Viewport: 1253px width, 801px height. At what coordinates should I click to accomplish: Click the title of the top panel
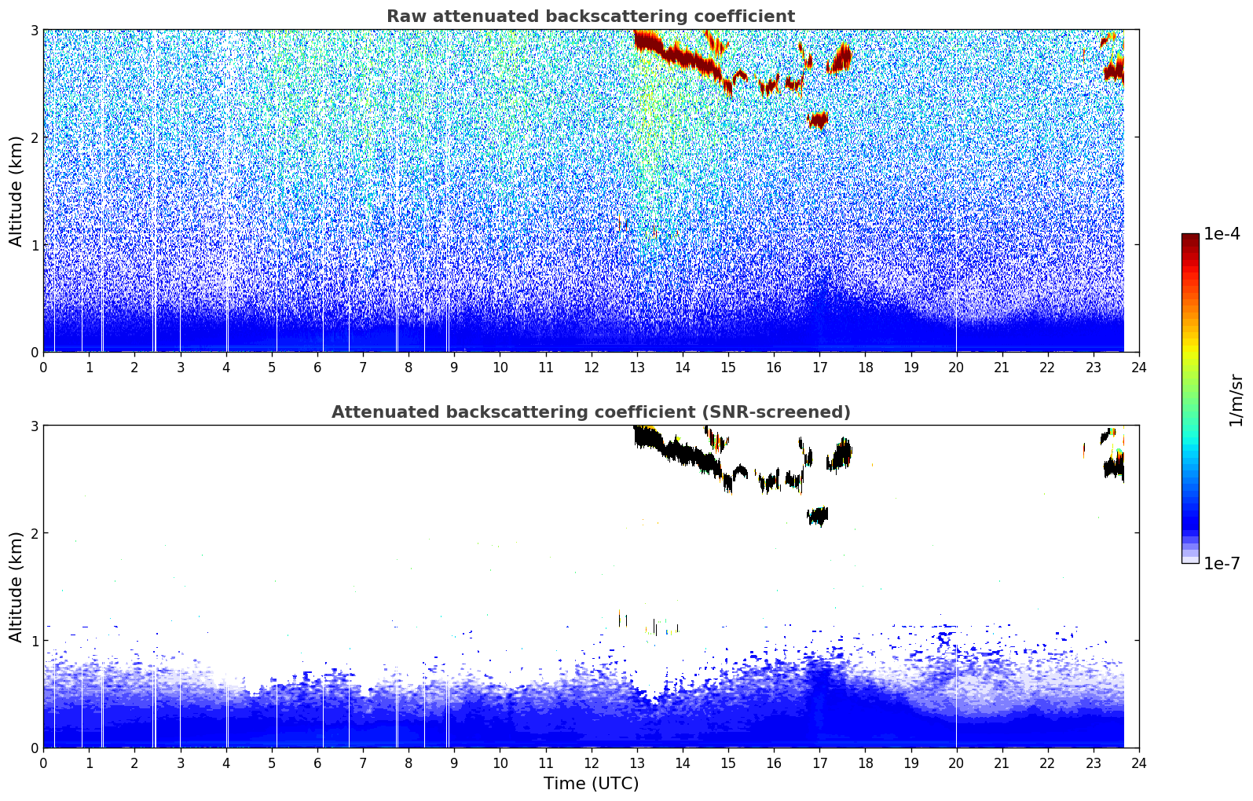click(590, 16)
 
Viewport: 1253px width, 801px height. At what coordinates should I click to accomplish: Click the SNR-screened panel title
click(590, 412)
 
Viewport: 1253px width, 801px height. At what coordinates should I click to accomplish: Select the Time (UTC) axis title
click(591, 783)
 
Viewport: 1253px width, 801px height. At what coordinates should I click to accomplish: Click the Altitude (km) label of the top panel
click(16, 191)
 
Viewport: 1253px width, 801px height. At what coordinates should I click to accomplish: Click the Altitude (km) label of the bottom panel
click(16, 587)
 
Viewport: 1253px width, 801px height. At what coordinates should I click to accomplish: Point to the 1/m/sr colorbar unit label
click(1236, 400)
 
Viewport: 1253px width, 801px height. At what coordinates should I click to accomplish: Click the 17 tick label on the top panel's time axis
click(819, 367)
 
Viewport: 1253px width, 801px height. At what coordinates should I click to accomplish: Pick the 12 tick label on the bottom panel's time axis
click(591, 763)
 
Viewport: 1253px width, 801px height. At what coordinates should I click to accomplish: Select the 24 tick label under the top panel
click(1138, 367)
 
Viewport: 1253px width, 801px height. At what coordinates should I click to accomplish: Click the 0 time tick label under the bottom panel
click(43, 763)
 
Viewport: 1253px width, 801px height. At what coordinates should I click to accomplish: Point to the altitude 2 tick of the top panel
click(34, 137)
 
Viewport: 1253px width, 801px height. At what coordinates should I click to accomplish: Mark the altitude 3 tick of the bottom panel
click(34, 426)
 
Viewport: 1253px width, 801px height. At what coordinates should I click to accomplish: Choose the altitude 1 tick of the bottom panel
click(34, 641)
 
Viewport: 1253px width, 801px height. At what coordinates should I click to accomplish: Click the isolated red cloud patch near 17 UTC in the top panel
click(818, 120)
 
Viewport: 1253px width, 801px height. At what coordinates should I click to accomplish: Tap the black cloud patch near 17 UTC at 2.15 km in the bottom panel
click(818, 516)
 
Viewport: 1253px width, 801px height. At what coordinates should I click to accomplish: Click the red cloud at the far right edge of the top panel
click(1114, 70)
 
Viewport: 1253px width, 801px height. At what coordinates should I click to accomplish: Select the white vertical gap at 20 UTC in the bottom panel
click(956, 707)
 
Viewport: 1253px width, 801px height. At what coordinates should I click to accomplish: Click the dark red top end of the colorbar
click(1190, 237)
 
